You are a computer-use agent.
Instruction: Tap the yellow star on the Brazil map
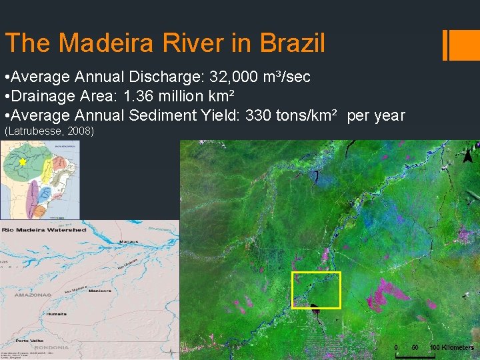[22, 162]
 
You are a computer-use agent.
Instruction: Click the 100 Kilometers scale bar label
[452, 348]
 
